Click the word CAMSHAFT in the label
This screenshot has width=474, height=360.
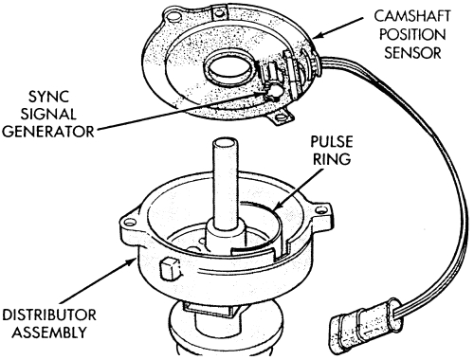(x=412, y=16)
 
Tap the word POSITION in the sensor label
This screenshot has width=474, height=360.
(x=412, y=34)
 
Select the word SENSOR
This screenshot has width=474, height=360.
(x=412, y=52)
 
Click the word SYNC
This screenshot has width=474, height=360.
(x=48, y=97)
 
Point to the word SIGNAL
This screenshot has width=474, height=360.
(x=48, y=114)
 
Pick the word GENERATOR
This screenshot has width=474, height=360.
(x=48, y=132)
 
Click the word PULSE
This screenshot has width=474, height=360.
(x=332, y=141)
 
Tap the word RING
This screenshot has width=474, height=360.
(x=332, y=159)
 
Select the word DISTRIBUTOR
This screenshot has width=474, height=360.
(x=49, y=315)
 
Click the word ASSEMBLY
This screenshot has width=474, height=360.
(x=49, y=333)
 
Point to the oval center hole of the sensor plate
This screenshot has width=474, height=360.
(x=228, y=67)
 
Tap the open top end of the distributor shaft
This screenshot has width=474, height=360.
(x=226, y=143)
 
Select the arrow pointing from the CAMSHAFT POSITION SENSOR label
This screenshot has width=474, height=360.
(x=338, y=28)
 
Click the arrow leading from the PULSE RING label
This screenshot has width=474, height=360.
(x=298, y=189)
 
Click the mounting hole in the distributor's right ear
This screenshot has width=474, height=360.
(x=320, y=209)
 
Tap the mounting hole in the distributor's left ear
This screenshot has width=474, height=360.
(x=130, y=223)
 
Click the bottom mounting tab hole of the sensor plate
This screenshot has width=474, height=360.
(x=281, y=118)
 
